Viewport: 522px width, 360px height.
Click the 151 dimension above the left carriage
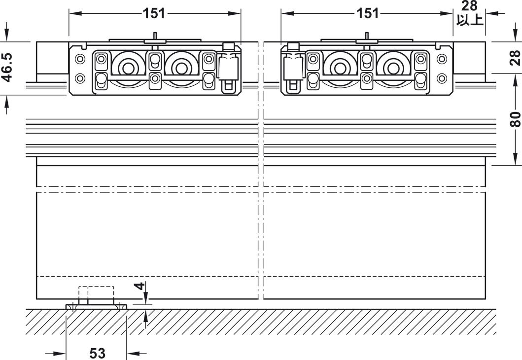point(154,13)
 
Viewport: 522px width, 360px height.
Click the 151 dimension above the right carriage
point(367,13)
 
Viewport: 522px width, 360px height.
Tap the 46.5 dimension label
point(7,67)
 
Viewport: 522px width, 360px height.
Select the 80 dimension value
point(515,119)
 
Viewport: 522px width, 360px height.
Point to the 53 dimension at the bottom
point(97,353)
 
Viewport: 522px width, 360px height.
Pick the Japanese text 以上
point(469,20)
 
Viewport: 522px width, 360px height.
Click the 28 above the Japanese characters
point(469,5)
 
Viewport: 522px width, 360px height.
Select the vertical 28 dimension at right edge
point(515,58)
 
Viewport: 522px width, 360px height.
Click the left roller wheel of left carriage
point(127,68)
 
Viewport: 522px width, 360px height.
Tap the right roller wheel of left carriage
point(181,68)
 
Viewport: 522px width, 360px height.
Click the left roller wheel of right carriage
point(340,68)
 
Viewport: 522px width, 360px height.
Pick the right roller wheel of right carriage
point(393,68)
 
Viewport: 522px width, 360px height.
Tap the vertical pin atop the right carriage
point(367,36)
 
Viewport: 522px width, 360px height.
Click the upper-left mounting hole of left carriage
point(80,59)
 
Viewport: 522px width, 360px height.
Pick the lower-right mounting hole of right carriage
point(442,78)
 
